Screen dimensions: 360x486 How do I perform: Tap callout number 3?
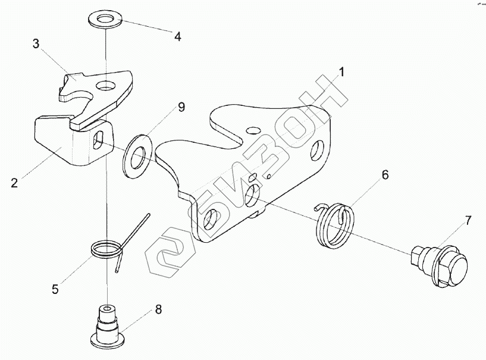tap(36, 44)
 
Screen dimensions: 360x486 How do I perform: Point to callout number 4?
tap(177, 36)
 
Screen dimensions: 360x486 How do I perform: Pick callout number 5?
tap(55, 290)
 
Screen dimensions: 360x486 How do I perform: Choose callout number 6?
tap(385, 175)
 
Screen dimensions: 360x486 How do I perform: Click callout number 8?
tap(158, 309)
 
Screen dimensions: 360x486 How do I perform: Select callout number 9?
tap(181, 107)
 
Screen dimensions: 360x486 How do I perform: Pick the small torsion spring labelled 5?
tap(107, 248)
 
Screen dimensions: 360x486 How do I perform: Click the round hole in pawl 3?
tap(108, 85)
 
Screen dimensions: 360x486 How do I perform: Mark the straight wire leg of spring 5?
tap(138, 229)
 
